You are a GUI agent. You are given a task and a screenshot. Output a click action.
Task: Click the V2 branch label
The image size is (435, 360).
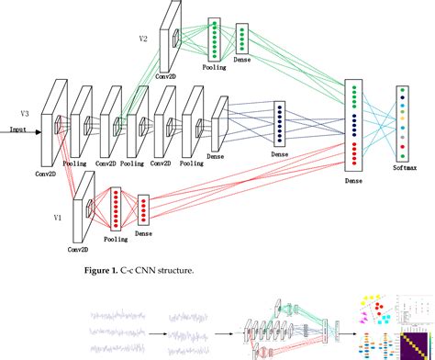[143, 39]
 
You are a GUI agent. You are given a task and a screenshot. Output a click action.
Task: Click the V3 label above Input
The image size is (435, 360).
[24, 113]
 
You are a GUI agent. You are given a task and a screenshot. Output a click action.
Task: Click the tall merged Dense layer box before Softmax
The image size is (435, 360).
[354, 125]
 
